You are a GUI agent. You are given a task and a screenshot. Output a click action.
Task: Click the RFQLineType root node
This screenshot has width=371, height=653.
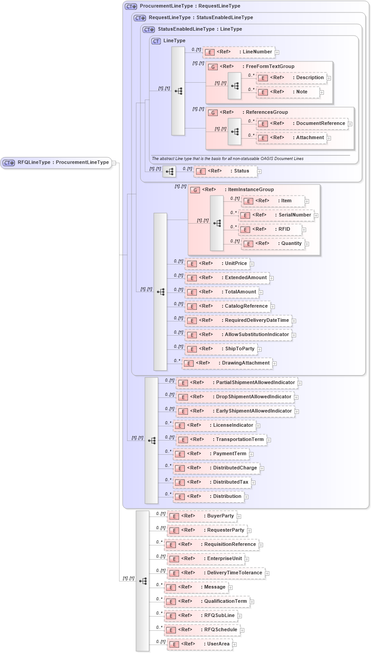pyautogui.click(x=56, y=163)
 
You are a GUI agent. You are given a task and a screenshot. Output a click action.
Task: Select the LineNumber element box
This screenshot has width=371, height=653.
pyautogui.click(x=239, y=52)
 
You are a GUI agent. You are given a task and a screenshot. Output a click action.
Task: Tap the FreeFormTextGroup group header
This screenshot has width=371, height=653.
pyautogui.click(x=251, y=67)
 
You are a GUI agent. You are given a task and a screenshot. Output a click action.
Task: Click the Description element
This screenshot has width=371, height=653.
pyautogui.click(x=291, y=78)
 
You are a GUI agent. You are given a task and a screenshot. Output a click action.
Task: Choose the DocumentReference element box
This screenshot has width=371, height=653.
pyautogui.click(x=302, y=124)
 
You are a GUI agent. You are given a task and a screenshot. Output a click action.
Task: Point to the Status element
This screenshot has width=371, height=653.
pyautogui.click(x=225, y=171)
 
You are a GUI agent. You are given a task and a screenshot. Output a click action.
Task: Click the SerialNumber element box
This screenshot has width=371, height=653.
pyautogui.click(x=276, y=215)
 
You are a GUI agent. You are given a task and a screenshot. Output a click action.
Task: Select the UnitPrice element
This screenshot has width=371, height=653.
pyautogui.click(x=217, y=264)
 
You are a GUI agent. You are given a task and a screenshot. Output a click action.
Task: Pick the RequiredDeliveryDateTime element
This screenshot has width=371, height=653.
pyautogui.click(x=238, y=320)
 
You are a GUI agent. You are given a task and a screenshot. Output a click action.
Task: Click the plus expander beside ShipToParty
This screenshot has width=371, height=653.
pyautogui.click(x=260, y=349)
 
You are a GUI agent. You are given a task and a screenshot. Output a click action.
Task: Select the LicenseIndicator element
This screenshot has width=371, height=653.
pyautogui.click(x=214, y=425)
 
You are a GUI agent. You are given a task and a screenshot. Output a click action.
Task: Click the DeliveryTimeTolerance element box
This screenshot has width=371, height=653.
pyautogui.click(x=215, y=573)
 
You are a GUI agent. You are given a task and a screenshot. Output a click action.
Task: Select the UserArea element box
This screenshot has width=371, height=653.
pyautogui.click(x=199, y=644)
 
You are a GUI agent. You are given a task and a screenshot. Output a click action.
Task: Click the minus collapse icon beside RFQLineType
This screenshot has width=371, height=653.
pyautogui.click(x=114, y=163)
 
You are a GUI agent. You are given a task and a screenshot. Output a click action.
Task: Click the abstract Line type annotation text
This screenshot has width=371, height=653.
pyautogui.click(x=227, y=159)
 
